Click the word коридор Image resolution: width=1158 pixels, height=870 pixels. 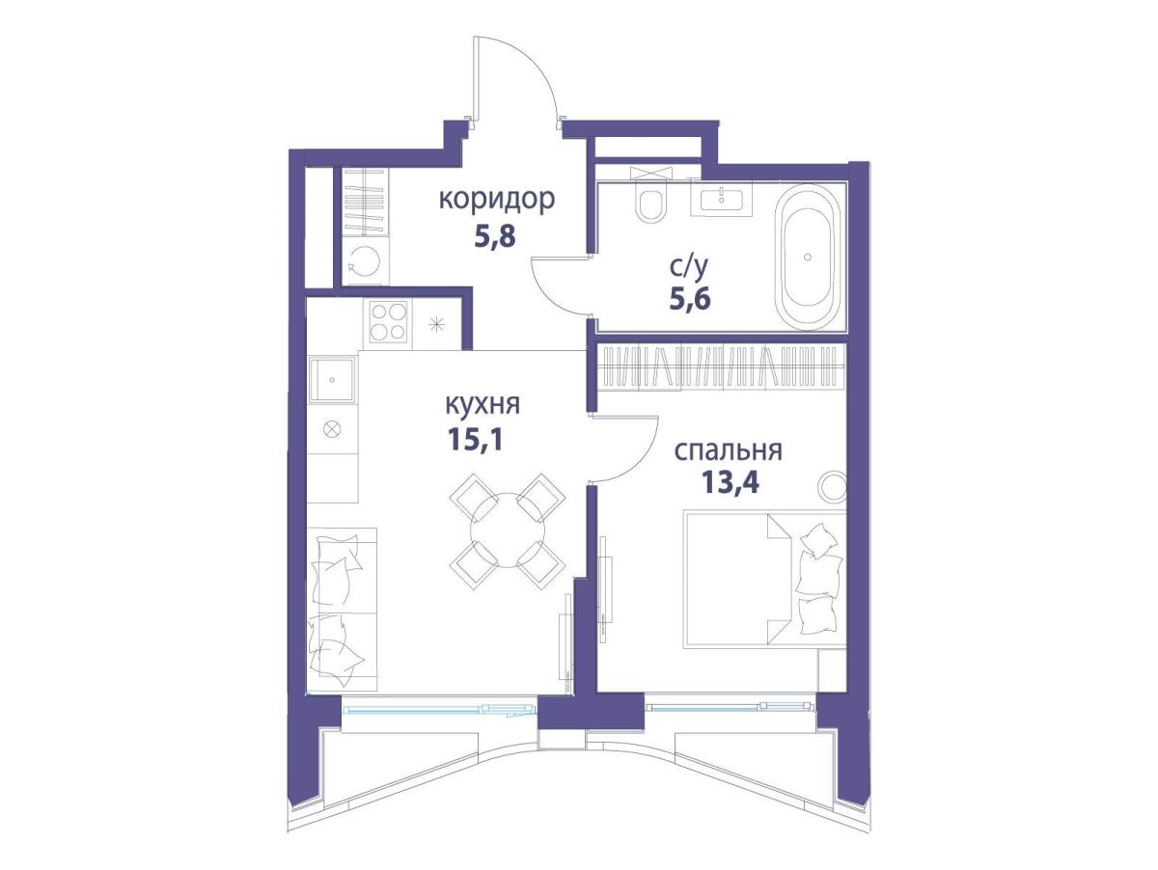pos(496,201)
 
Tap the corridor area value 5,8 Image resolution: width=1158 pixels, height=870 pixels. pos(494,236)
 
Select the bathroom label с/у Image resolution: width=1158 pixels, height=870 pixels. pos(688,268)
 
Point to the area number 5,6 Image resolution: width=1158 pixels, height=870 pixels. pos(691,299)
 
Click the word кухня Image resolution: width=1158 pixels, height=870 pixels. pos(483,405)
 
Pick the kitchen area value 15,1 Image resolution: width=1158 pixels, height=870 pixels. pos(476,439)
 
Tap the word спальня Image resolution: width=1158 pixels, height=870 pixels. pos(729,450)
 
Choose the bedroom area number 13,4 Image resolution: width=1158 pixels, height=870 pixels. pos(731,482)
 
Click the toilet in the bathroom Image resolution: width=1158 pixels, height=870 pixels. pos(651,202)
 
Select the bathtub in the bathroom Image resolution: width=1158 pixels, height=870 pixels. pos(808,257)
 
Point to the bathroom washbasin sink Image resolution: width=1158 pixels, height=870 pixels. pos(722,200)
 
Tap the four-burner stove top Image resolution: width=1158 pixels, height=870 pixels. pos(389,321)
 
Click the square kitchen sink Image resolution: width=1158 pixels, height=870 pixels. pos(332,380)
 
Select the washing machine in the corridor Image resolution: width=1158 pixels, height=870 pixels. pos(365,261)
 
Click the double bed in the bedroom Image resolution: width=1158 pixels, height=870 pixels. pos(764,579)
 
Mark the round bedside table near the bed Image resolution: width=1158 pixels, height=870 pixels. pos(832,487)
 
